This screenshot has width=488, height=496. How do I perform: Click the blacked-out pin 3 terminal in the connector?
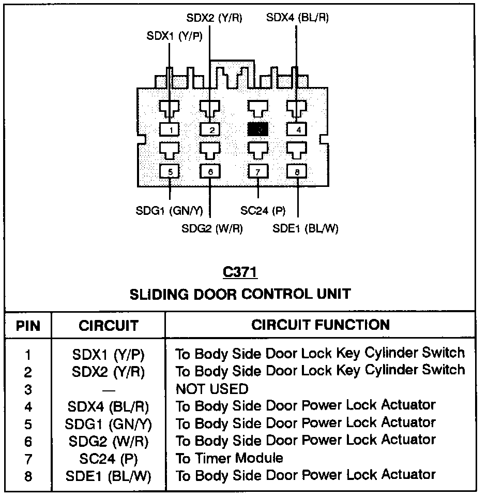(257, 129)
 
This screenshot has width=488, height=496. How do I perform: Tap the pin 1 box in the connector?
(170, 129)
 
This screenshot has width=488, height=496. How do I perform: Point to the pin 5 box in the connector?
(170, 171)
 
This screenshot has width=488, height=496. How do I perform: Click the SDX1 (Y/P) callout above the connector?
(174, 36)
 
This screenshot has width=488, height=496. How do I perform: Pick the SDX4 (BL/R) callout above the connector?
(297, 18)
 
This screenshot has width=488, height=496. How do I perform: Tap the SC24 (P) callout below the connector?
(263, 211)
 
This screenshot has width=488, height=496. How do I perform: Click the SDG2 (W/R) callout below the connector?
(212, 228)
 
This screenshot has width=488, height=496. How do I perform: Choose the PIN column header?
(28, 326)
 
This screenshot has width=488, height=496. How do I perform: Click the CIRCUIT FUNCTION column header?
(321, 325)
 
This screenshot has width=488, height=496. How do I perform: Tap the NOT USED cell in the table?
(212, 388)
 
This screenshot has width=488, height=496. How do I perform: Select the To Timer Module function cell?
(230, 458)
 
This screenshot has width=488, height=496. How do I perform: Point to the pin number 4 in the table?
(28, 406)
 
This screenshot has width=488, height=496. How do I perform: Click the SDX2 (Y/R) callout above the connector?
(214, 18)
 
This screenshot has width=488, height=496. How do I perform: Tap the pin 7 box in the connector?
(257, 171)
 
